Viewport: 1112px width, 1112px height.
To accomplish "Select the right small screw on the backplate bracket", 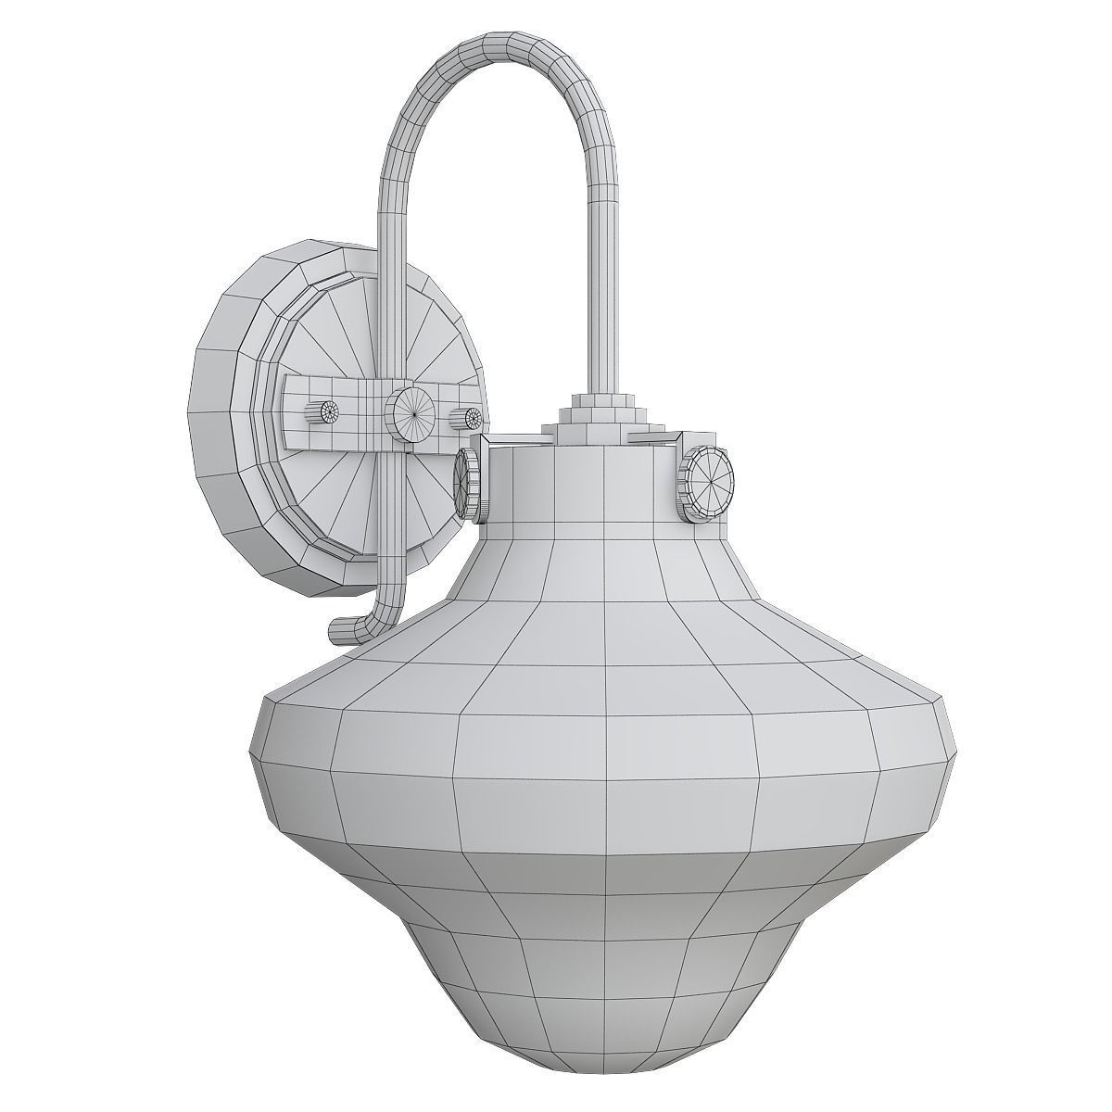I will coord(468,419).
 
